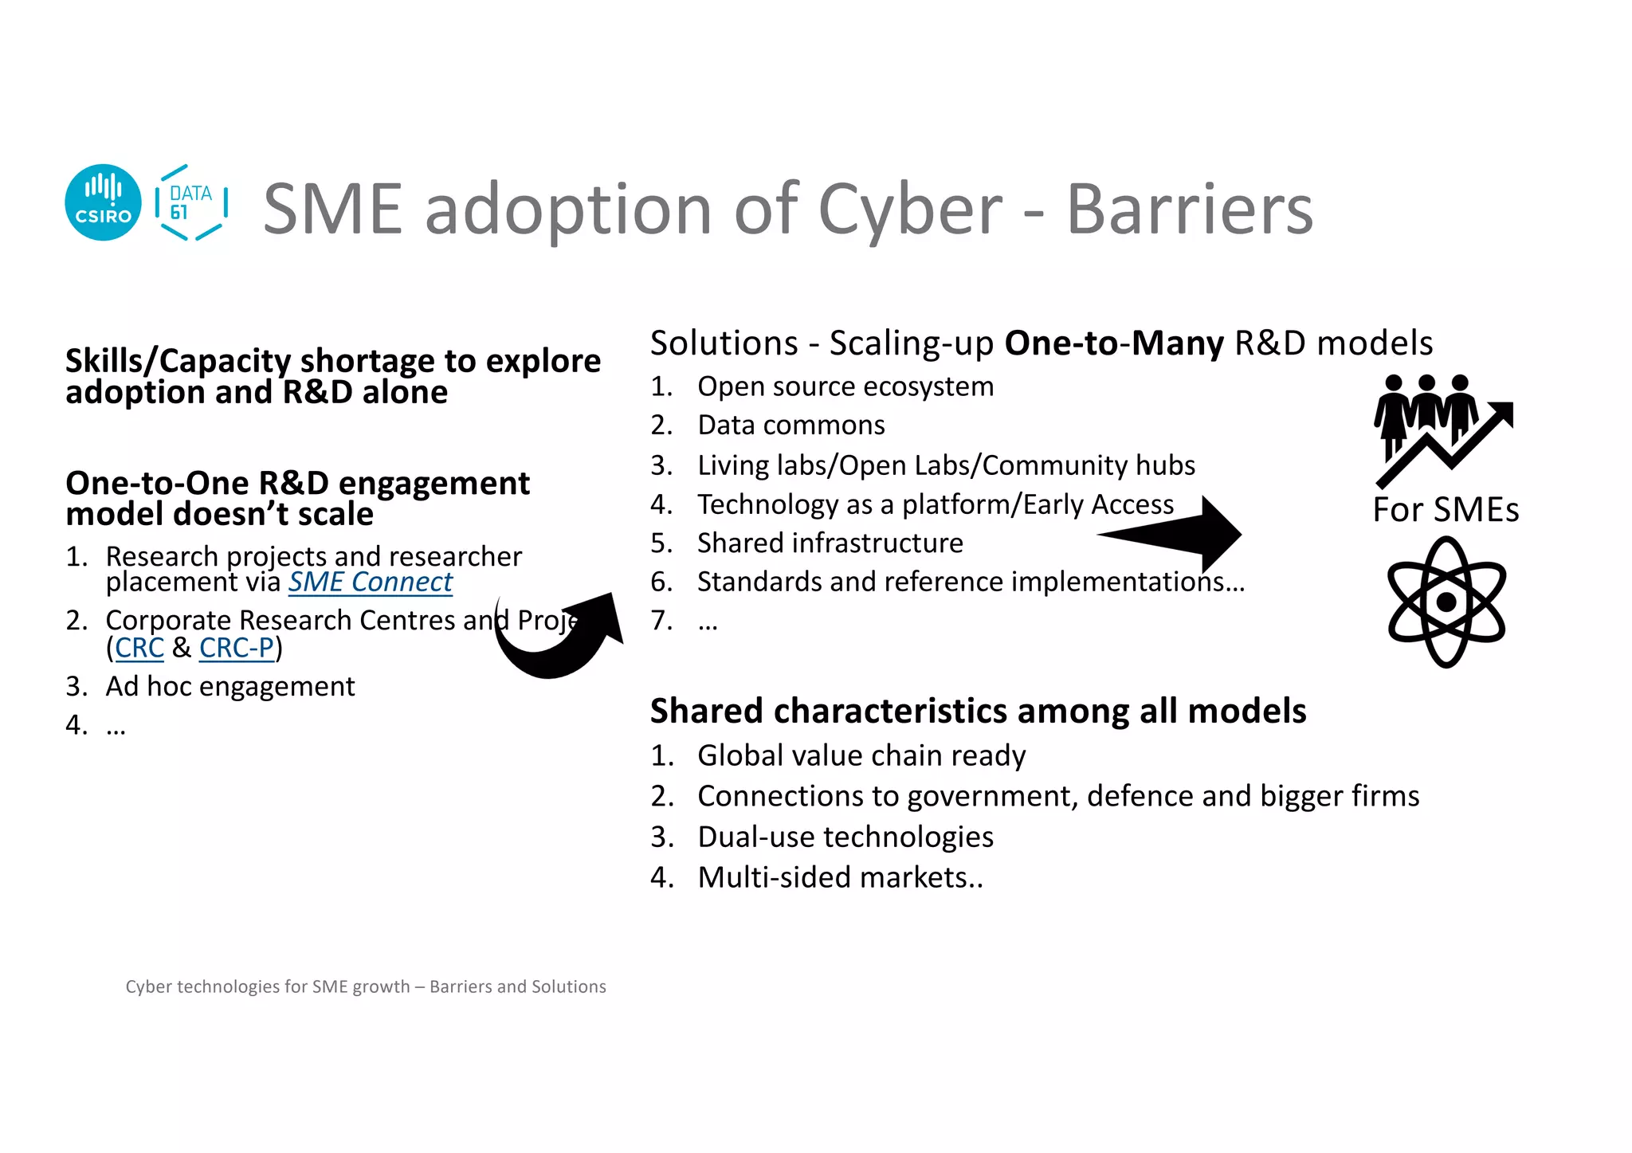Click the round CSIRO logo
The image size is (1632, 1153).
click(103, 202)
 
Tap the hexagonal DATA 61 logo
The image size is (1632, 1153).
click(191, 202)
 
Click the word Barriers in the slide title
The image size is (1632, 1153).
click(1189, 209)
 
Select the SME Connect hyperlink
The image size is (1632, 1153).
click(370, 582)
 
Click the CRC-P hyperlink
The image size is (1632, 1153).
click(237, 648)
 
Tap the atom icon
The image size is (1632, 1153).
click(1446, 602)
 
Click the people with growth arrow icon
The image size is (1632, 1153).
click(1442, 429)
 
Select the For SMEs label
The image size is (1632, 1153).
click(1446, 510)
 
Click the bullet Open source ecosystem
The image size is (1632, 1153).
click(845, 386)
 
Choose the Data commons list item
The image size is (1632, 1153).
click(790, 426)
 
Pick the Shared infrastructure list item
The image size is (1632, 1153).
click(830, 543)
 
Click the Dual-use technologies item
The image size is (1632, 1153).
click(845, 837)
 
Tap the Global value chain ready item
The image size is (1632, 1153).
click(861, 755)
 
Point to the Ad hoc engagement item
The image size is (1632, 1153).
click(229, 686)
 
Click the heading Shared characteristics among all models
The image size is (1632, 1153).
click(978, 711)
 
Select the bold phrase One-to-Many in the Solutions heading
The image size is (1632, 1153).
click(1113, 343)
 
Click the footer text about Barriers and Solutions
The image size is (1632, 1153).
click(366, 986)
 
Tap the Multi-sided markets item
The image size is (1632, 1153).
click(840, 877)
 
